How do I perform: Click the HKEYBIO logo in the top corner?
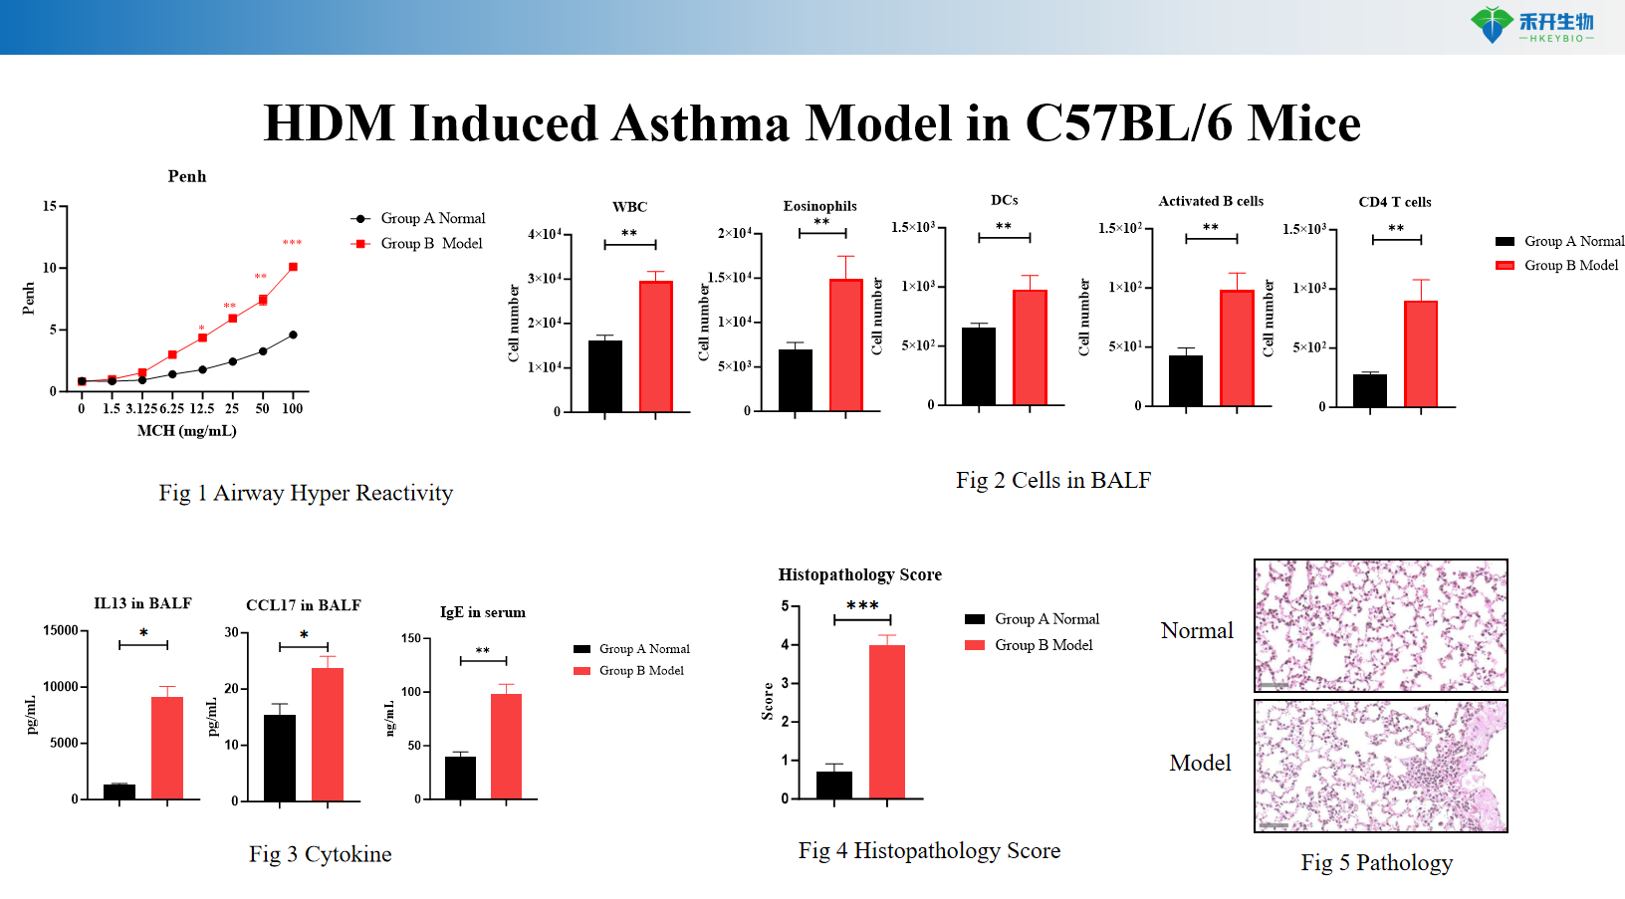(x=1533, y=25)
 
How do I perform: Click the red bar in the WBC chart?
(x=656, y=346)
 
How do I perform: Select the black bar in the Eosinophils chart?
(x=795, y=380)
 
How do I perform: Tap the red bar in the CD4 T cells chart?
(x=1421, y=353)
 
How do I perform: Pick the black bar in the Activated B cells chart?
(x=1185, y=380)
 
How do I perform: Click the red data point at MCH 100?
(x=293, y=267)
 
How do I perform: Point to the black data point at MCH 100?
(x=293, y=335)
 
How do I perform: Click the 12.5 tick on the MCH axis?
(x=202, y=408)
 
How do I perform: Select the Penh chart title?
(x=187, y=176)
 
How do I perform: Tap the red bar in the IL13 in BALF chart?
(x=167, y=748)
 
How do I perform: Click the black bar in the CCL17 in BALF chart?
(x=280, y=758)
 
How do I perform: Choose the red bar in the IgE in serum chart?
(x=506, y=747)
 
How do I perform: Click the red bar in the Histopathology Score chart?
(x=887, y=722)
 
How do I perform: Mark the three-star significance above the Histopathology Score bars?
(x=862, y=605)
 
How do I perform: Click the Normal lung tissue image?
(x=1380, y=625)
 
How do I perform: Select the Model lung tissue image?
(x=1380, y=766)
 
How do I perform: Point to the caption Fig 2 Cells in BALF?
(x=1053, y=480)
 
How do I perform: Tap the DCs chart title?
(x=1004, y=200)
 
